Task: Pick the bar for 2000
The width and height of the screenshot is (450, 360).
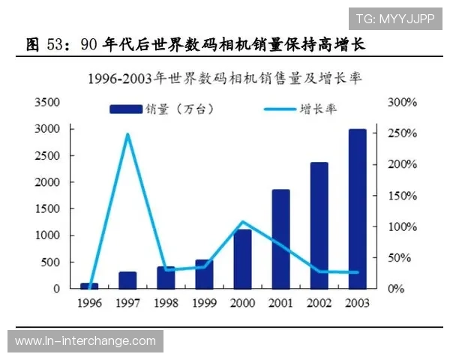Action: (242, 259)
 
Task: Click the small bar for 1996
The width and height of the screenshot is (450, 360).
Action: (89, 286)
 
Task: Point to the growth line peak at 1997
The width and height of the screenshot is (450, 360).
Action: (127, 134)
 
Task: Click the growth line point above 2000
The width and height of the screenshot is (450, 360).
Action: (242, 222)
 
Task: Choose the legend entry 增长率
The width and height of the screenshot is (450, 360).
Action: (300, 109)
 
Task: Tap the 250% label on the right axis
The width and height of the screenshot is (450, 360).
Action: (402, 133)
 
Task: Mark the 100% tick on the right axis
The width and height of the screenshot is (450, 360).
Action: (402, 226)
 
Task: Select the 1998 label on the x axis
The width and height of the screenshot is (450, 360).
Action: (166, 304)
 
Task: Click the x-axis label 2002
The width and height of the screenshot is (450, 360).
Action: (319, 304)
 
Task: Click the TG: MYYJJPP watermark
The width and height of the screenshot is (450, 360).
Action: (394, 18)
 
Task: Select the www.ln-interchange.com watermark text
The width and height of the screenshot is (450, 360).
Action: (85, 341)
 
